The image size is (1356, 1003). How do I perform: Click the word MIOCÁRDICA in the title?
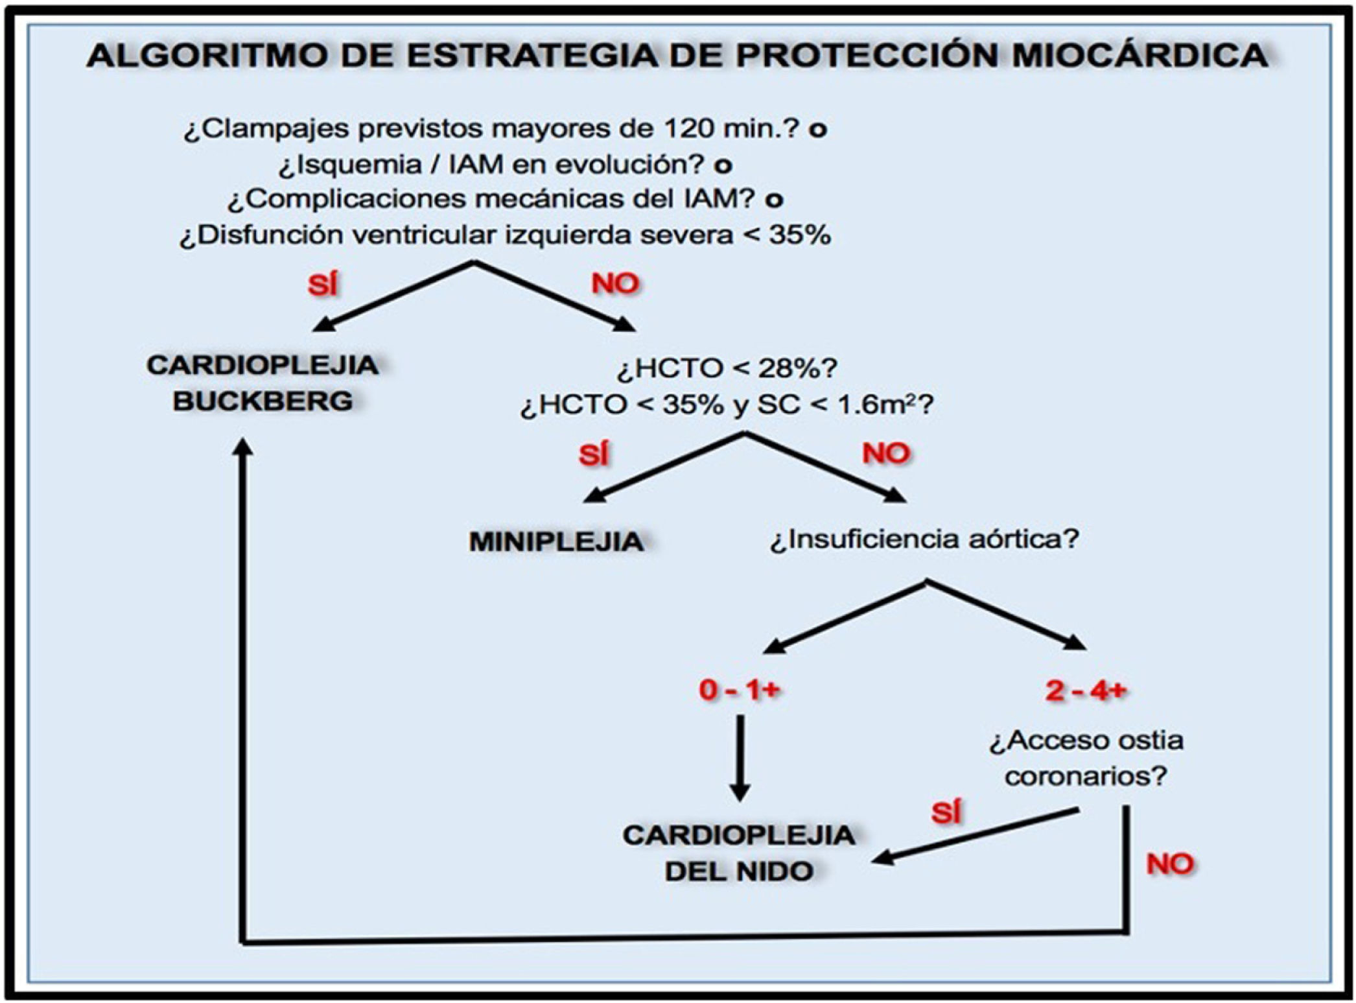click(x=1139, y=56)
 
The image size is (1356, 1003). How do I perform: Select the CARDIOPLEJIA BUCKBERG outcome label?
click(x=263, y=383)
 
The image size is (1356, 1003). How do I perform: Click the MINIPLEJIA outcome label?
click(x=556, y=541)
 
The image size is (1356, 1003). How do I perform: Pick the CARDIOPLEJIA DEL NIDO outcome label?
click(x=739, y=853)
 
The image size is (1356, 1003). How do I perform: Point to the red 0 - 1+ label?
click(x=739, y=691)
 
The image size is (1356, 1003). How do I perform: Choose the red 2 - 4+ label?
click(x=1086, y=691)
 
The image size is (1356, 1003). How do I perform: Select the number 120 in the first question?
click(x=690, y=129)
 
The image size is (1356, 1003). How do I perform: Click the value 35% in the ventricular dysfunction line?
click(x=800, y=235)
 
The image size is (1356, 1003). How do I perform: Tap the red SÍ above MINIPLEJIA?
click(x=594, y=454)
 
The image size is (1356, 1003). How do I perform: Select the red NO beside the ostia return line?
click(x=1169, y=864)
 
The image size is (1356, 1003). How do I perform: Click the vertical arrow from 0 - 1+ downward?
click(x=740, y=759)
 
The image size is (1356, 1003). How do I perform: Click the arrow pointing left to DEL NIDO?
click(x=972, y=836)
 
